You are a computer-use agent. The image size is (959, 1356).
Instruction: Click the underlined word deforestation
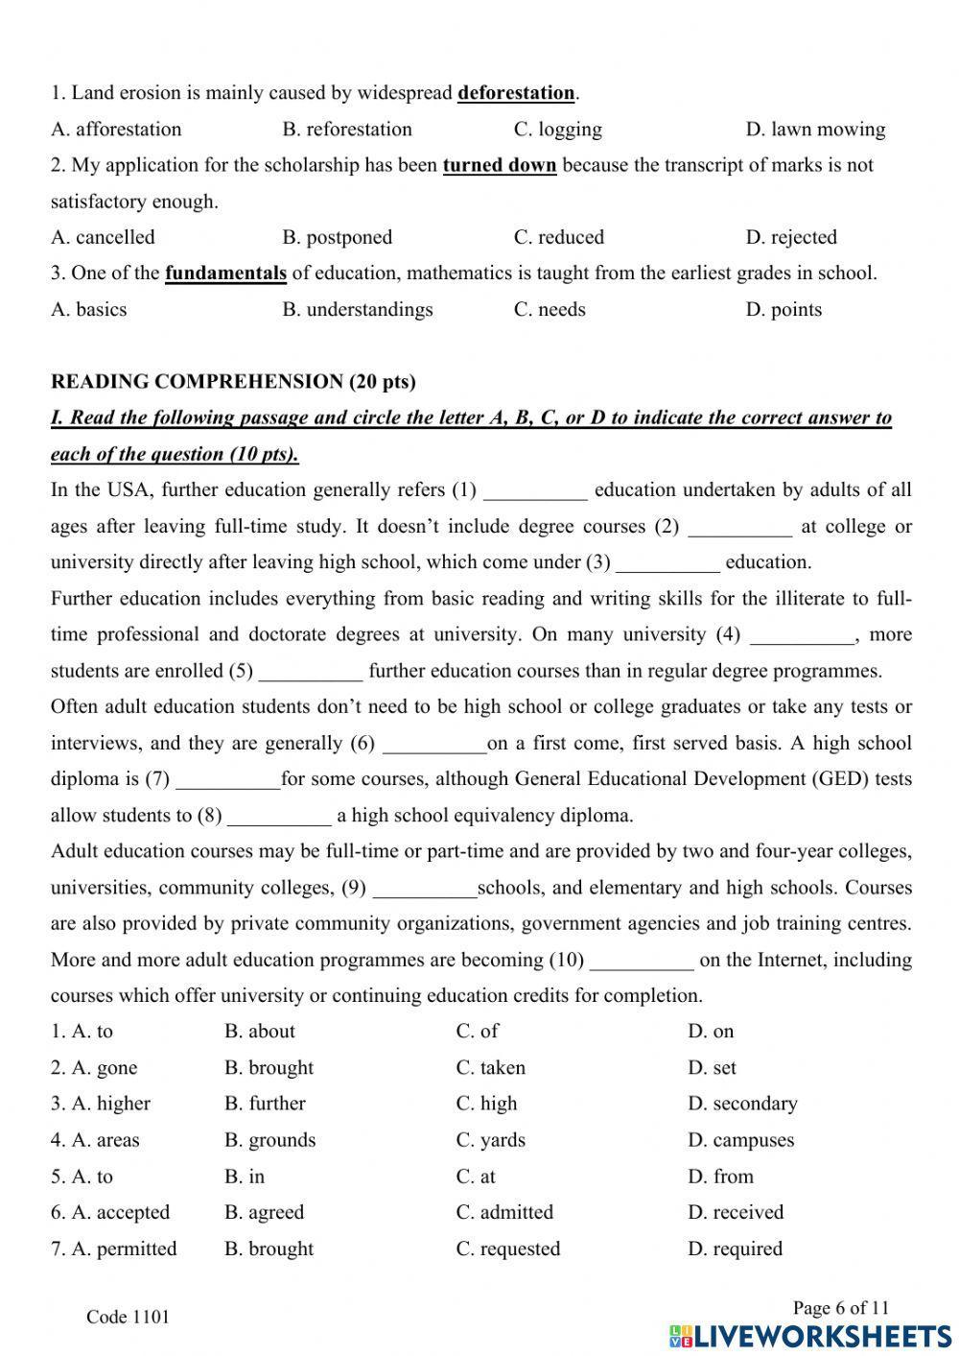pyautogui.click(x=516, y=93)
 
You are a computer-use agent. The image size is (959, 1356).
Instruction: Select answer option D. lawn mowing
pyautogui.click(x=815, y=130)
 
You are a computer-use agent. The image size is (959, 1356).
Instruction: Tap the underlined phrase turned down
pyautogui.click(x=499, y=165)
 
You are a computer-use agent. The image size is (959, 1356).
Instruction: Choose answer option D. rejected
pyautogui.click(x=790, y=237)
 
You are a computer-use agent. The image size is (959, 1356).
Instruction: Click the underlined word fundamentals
pyautogui.click(x=225, y=274)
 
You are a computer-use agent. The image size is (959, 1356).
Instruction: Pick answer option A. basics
pyautogui.click(x=88, y=310)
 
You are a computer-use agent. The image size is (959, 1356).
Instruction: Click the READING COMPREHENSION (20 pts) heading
pyautogui.click(x=233, y=382)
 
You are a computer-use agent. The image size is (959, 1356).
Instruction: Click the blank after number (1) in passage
pyautogui.click(x=535, y=491)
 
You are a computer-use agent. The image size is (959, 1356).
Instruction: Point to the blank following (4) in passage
pyautogui.click(x=801, y=635)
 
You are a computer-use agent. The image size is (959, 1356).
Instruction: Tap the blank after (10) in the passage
pyautogui.click(x=642, y=961)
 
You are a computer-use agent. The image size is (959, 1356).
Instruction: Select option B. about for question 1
pyautogui.click(x=260, y=1032)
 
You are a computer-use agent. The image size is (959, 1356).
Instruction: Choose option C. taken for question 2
pyautogui.click(x=490, y=1068)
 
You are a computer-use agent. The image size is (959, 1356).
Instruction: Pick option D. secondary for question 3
pyautogui.click(x=741, y=1105)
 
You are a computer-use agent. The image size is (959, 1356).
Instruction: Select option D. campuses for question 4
pyautogui.click(x=740, y=1141)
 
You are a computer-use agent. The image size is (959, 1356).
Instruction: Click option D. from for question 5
pyautogui.click(x=720, y=1177)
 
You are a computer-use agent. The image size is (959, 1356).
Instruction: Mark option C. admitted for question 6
pyautogui.click(x=504, y=1213)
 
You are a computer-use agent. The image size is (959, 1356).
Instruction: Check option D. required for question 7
pyautogui.click(x=735, y=1249)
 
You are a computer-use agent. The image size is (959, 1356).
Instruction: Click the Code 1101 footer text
pyautogui.click(x=128, y=1318)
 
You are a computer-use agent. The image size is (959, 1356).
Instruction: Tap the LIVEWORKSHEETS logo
pyautogui.click(x=810, y=1336)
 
